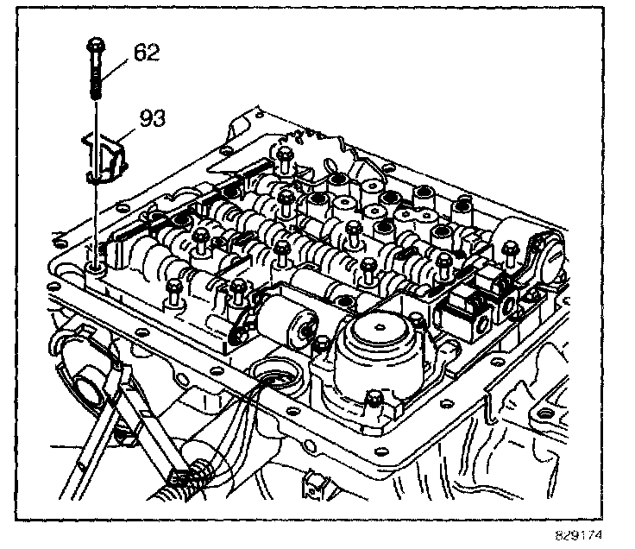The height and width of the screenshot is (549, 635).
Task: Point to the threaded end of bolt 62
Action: (x=93, y=91)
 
